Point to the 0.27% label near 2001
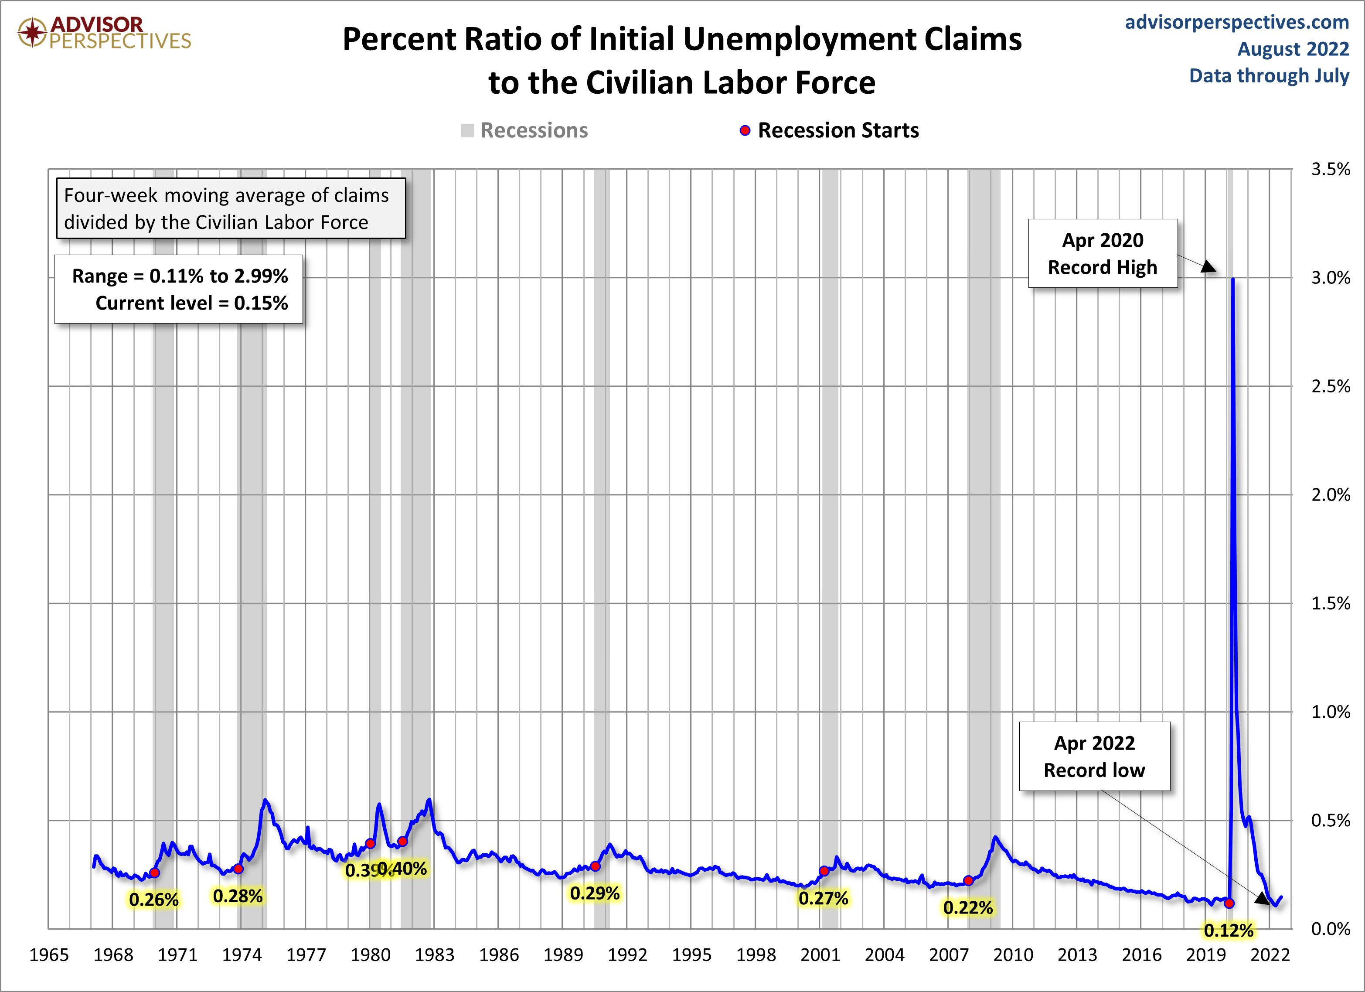pos(824,898)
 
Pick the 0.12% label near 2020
pos(1229,930)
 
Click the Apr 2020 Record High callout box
pos(1103,253)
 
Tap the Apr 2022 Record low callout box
pos(1094,756)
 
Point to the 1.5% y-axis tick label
pos(1331,603)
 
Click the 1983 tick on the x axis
pos(435,955)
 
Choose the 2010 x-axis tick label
pos(1013,955)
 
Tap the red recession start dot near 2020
pos(1229,903)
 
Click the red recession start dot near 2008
pos(968,881)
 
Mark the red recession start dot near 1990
pos(595,866)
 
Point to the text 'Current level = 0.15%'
pos(191,303)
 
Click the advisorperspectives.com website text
pos(1237,22)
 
